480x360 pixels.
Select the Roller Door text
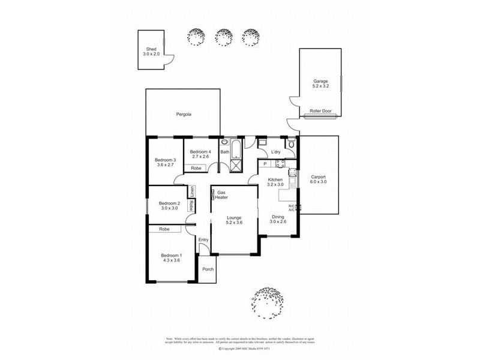click(x=320, y=111)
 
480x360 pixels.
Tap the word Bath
click(x=224, y=152)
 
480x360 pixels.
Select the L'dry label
click(x=276, y=152)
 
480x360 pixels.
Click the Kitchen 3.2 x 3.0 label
click(x=275, y=182)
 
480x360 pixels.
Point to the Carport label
click(x=318, y=180)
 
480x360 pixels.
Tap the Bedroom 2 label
click(x=169, y=206)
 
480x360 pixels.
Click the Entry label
click(x=203, y=240)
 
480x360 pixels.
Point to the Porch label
click(x=208, y=269)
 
